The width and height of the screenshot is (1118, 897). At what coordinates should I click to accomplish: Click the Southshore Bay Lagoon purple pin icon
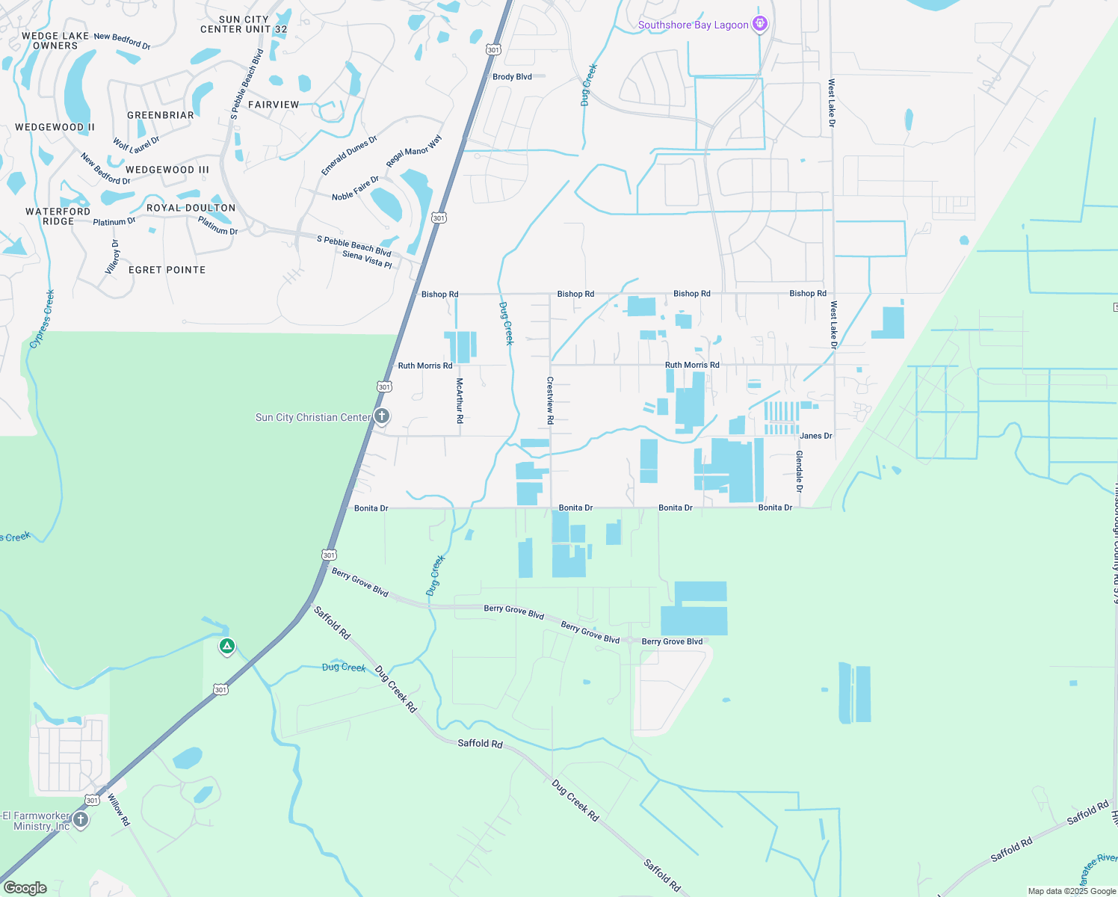pos(760,25)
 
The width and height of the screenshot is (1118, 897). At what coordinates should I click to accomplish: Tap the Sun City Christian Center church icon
pos(381,416)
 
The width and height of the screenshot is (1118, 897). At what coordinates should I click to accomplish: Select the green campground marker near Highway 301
pos(227,646)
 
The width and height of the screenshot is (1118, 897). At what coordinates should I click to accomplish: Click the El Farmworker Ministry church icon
pos(81,820)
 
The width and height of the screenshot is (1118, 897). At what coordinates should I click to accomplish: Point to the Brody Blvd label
pos(512,77)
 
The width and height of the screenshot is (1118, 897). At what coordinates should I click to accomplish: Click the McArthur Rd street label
pos(460,401)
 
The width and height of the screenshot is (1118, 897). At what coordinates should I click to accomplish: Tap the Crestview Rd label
pos(550,401)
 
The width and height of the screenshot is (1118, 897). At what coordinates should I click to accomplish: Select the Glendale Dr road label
pos(799,471)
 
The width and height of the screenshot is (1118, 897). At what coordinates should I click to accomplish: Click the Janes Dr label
pos(815,436)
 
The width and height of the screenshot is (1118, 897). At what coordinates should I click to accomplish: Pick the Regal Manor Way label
pos(414,152)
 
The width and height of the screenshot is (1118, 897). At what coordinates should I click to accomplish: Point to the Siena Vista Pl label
pos(367,259)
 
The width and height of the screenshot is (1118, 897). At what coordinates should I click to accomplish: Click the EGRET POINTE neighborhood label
pos(167,270)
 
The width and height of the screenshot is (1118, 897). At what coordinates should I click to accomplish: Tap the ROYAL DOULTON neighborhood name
pos(191,208)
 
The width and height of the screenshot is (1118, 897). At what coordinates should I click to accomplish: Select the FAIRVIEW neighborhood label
pos(274,105)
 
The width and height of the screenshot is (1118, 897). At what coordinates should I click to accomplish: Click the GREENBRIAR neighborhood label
pos(161,115)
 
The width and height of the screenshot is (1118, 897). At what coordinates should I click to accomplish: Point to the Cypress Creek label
pos(43,319)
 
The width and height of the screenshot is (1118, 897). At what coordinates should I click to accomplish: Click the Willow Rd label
pos(119,810)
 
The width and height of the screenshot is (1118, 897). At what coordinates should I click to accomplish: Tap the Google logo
pos(25,887)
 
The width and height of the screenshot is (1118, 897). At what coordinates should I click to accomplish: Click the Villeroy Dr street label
pos(113,257)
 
